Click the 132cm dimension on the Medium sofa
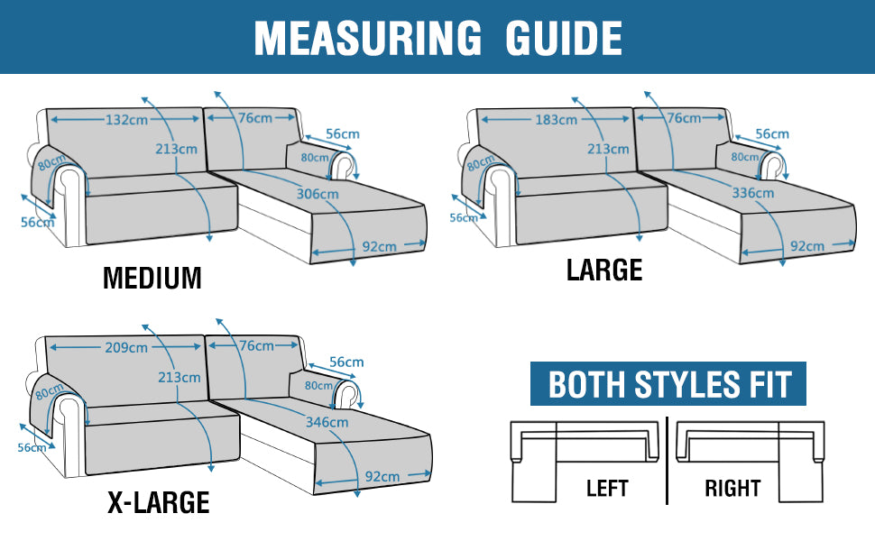point(126,119)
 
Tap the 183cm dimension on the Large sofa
point(556,119)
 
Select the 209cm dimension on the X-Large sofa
point(126,347)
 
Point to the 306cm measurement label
point(318,194)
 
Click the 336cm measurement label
point(753,193)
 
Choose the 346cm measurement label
point(327,422)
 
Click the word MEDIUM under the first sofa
point(152,278)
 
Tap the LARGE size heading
point(604,270)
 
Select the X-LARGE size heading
point(159,502)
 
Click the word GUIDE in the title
point(564,38)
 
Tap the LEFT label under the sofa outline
point(607,489)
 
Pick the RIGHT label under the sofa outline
point(732,489)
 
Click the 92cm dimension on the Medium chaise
point(380,246)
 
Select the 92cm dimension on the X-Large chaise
point(382,476)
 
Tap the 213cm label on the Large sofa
point(608,149)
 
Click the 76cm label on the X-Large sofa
point(257,346)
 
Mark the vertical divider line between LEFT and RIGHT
point(668,461)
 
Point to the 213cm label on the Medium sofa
point(176,149)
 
